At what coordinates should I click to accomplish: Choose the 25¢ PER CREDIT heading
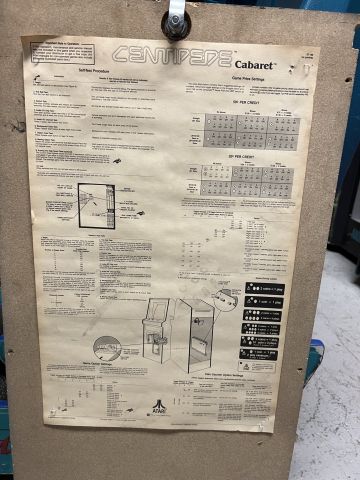click(245, 157)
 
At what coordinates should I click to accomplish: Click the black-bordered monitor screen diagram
click(96, 205)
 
